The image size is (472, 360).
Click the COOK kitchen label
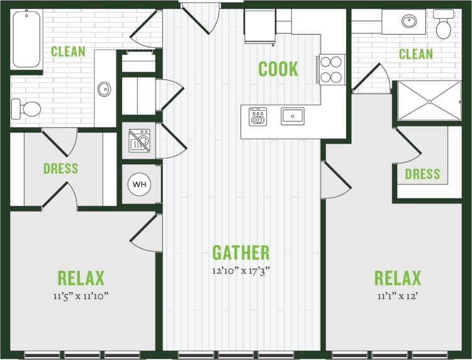tap(278, 69)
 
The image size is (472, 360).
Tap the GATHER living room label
tap(240, 253)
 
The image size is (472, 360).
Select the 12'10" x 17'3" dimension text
tap(240, 272)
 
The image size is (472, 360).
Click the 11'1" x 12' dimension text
tap(398, 296)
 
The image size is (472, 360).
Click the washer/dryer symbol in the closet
tap(139, 142)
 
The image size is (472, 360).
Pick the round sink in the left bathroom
tap(104, 89)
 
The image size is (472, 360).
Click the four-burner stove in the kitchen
tap(331, 70)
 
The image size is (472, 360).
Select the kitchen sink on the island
tap(293, 116)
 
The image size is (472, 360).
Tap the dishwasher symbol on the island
tap(258, 116)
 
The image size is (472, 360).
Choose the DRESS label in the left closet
tap(61, 169)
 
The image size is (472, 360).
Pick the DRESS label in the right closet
tap(422, 174)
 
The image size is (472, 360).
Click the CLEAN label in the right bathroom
tap(416, 54)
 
